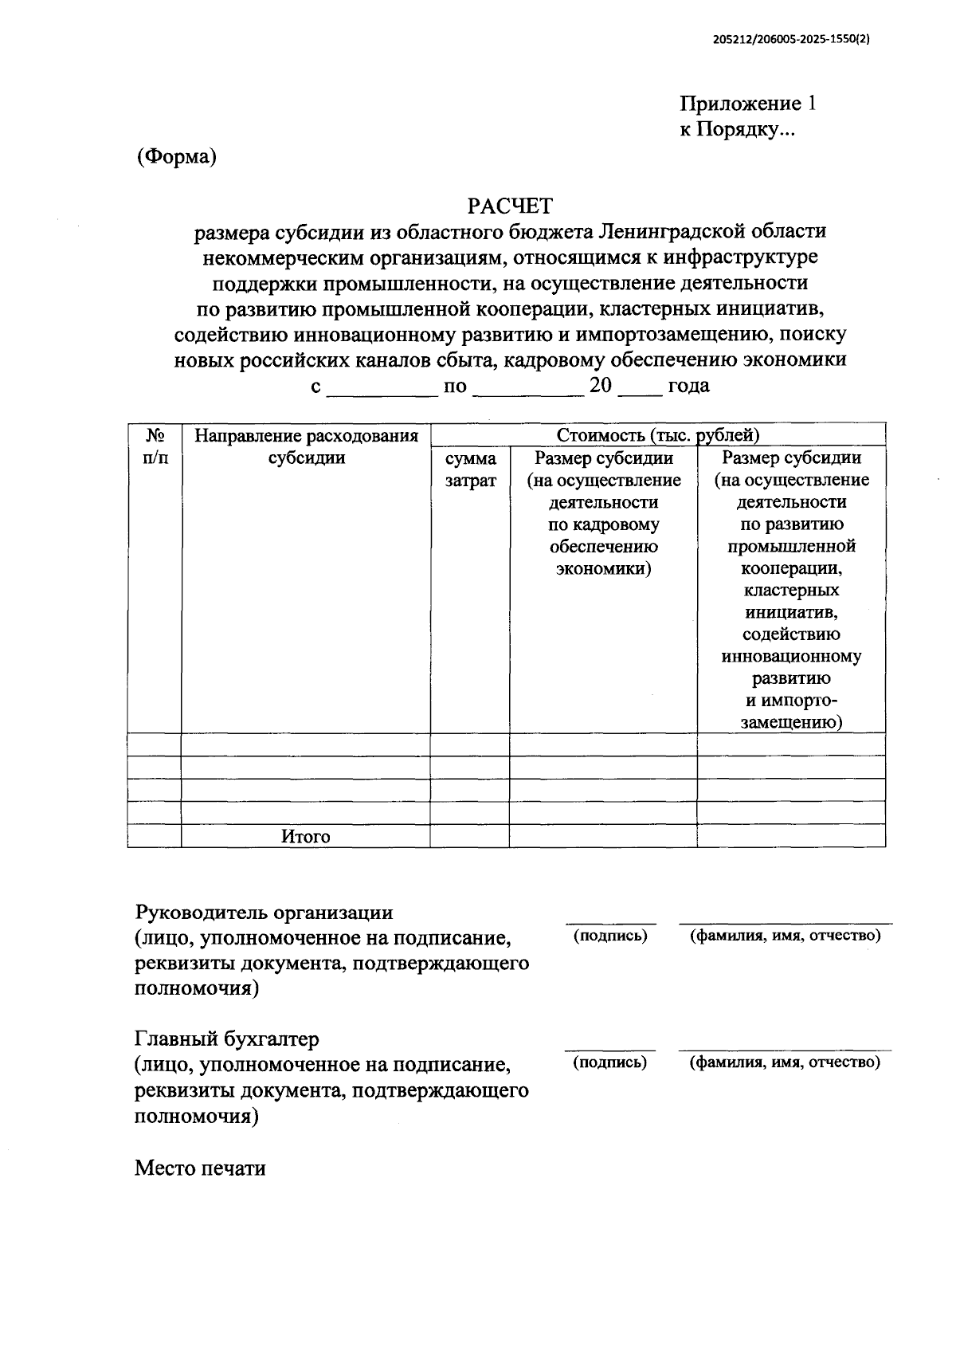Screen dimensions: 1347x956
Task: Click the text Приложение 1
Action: [748, 104]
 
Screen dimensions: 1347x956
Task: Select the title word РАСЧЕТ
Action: [510, 206]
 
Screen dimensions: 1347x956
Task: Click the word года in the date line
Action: [688, 387]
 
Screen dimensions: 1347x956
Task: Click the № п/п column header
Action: [155, 446]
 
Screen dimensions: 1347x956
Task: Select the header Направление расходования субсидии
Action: [307, 446]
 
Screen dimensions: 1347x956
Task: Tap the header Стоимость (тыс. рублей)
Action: [657, 435]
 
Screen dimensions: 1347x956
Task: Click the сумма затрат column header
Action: [470, 469]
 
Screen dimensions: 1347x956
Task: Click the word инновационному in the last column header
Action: [791, 657]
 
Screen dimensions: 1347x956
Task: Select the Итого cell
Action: [305, 837]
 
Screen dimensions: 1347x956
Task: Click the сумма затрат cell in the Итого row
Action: [470, 836]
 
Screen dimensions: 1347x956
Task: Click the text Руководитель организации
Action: [264, 913]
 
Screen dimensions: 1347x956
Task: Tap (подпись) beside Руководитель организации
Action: [610, 936]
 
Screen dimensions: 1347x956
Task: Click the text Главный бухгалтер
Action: [226, 1039]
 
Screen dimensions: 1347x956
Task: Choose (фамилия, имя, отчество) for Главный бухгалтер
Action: [785, 1062]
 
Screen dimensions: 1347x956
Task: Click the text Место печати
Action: [200, 1168]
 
